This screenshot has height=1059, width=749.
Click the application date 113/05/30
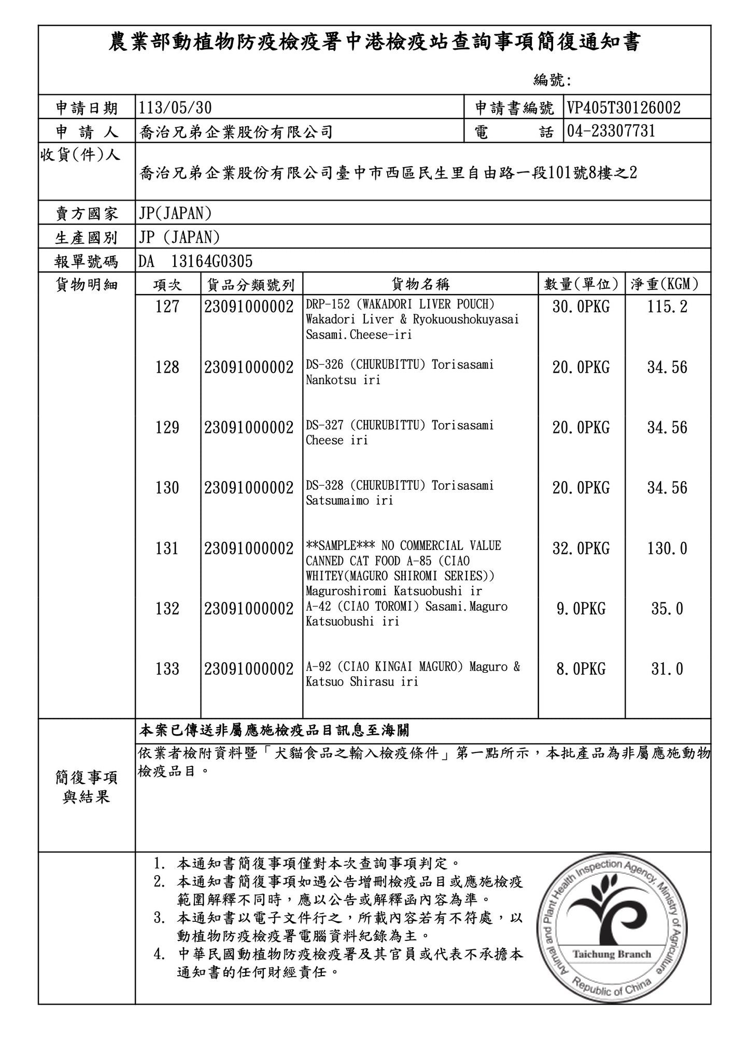(175, 108)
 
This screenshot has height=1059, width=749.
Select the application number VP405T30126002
(624, 108)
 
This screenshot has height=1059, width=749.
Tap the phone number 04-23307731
(611, 131)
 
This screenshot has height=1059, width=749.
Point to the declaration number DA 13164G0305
(195, 261)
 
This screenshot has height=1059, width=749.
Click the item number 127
(167, 307)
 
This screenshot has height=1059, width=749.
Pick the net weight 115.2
(667, 307)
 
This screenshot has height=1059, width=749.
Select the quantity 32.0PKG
(581, 548)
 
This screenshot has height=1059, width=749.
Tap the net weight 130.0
(667, 548)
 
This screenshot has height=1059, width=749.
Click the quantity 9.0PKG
(581, 609)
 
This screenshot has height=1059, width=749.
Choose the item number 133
(167, 669)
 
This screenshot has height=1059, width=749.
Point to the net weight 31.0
(667, 669)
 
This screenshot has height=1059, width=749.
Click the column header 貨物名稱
(420, 284)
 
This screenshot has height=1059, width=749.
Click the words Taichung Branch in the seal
(612, 954)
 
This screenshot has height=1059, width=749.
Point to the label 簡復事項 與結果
(87, 787)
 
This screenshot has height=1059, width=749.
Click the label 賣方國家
(87, 213)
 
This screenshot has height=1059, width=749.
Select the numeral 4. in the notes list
(160, 954)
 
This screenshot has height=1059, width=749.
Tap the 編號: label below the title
(552, 80)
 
